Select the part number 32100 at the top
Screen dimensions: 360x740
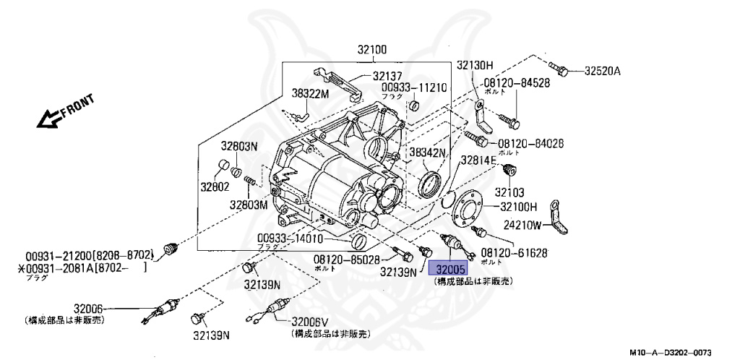coord(371,51)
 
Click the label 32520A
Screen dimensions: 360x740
coord(603,71)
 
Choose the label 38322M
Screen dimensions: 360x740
coord(310,94)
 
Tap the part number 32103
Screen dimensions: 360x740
coord(509,194)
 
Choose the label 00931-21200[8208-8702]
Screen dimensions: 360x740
coord(90,255)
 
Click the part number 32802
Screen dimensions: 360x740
coord(215,187)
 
